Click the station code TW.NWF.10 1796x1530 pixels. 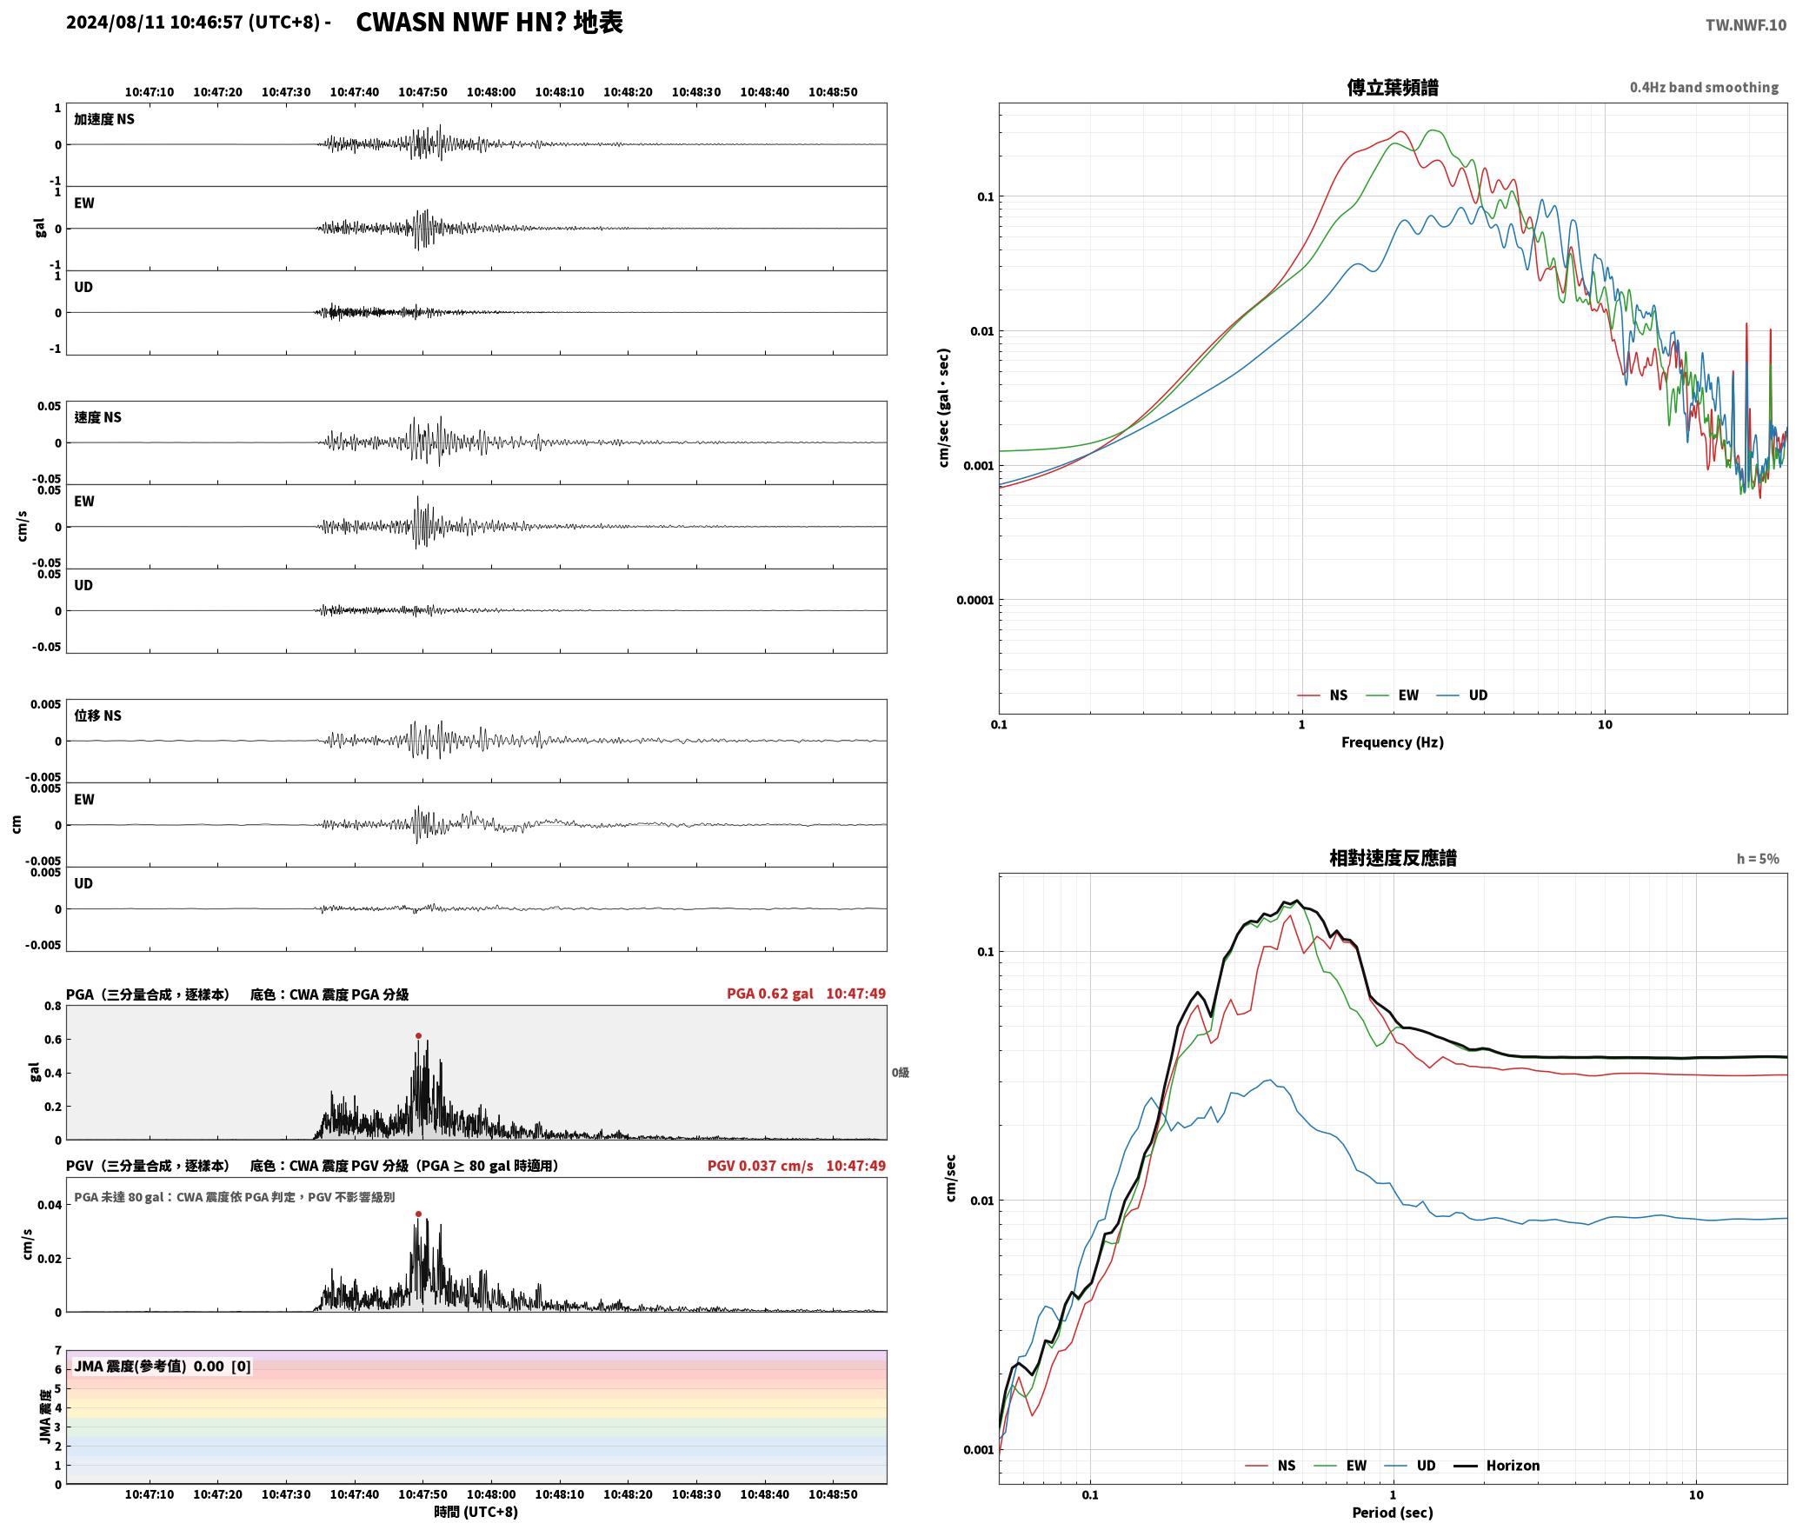1746,25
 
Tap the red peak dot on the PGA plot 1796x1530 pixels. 418,1035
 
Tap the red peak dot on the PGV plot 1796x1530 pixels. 418,1214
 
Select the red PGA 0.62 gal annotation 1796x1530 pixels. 769,994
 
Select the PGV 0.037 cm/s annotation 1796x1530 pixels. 760,1166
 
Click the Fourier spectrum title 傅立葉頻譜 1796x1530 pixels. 1392,87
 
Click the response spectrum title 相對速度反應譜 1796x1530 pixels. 1392,858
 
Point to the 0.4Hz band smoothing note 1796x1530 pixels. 1704,88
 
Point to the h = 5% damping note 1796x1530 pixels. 1758,859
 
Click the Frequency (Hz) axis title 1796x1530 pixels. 1392,742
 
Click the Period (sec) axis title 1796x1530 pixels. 1392,1513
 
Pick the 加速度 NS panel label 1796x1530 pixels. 104,119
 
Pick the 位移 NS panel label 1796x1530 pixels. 97,715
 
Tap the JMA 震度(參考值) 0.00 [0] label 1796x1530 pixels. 163,1366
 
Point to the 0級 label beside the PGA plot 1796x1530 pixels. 900,1073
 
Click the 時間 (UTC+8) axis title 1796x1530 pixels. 476,1512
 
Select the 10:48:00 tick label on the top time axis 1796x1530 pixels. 491,91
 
